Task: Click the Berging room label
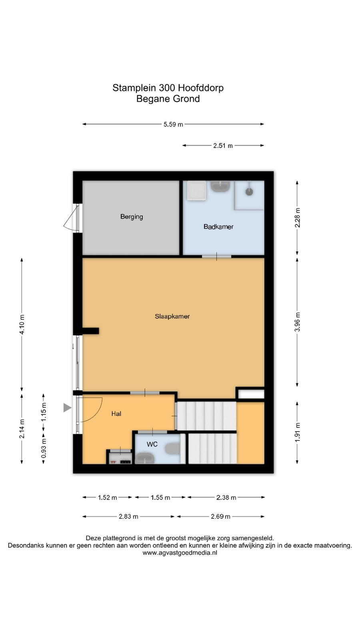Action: [x=132, y=216]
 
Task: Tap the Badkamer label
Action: [x=218, y=226]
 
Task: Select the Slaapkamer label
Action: [x=172, y=316]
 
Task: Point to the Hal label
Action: [x=116, y=414]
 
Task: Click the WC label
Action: [x=152, y=444]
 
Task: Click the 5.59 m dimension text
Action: [x=173, y=124]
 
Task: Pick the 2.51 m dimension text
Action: [x=223, y=146]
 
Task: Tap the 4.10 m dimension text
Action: [x=22, y=324]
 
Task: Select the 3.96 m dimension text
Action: [x=298, y=322]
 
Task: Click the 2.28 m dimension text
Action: [x=298, y=218]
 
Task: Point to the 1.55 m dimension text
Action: [x=160, y=498]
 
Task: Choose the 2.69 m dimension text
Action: [x=220, y=516]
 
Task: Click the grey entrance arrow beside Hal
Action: [x=67, y=408]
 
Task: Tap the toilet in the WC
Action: [x=172, y=448]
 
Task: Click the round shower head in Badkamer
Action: [x=249, y=192]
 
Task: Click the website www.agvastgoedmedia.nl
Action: [x=180, y=553]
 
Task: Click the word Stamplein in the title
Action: [x=134, y=88]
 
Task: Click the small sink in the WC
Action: [x=144, y=459]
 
